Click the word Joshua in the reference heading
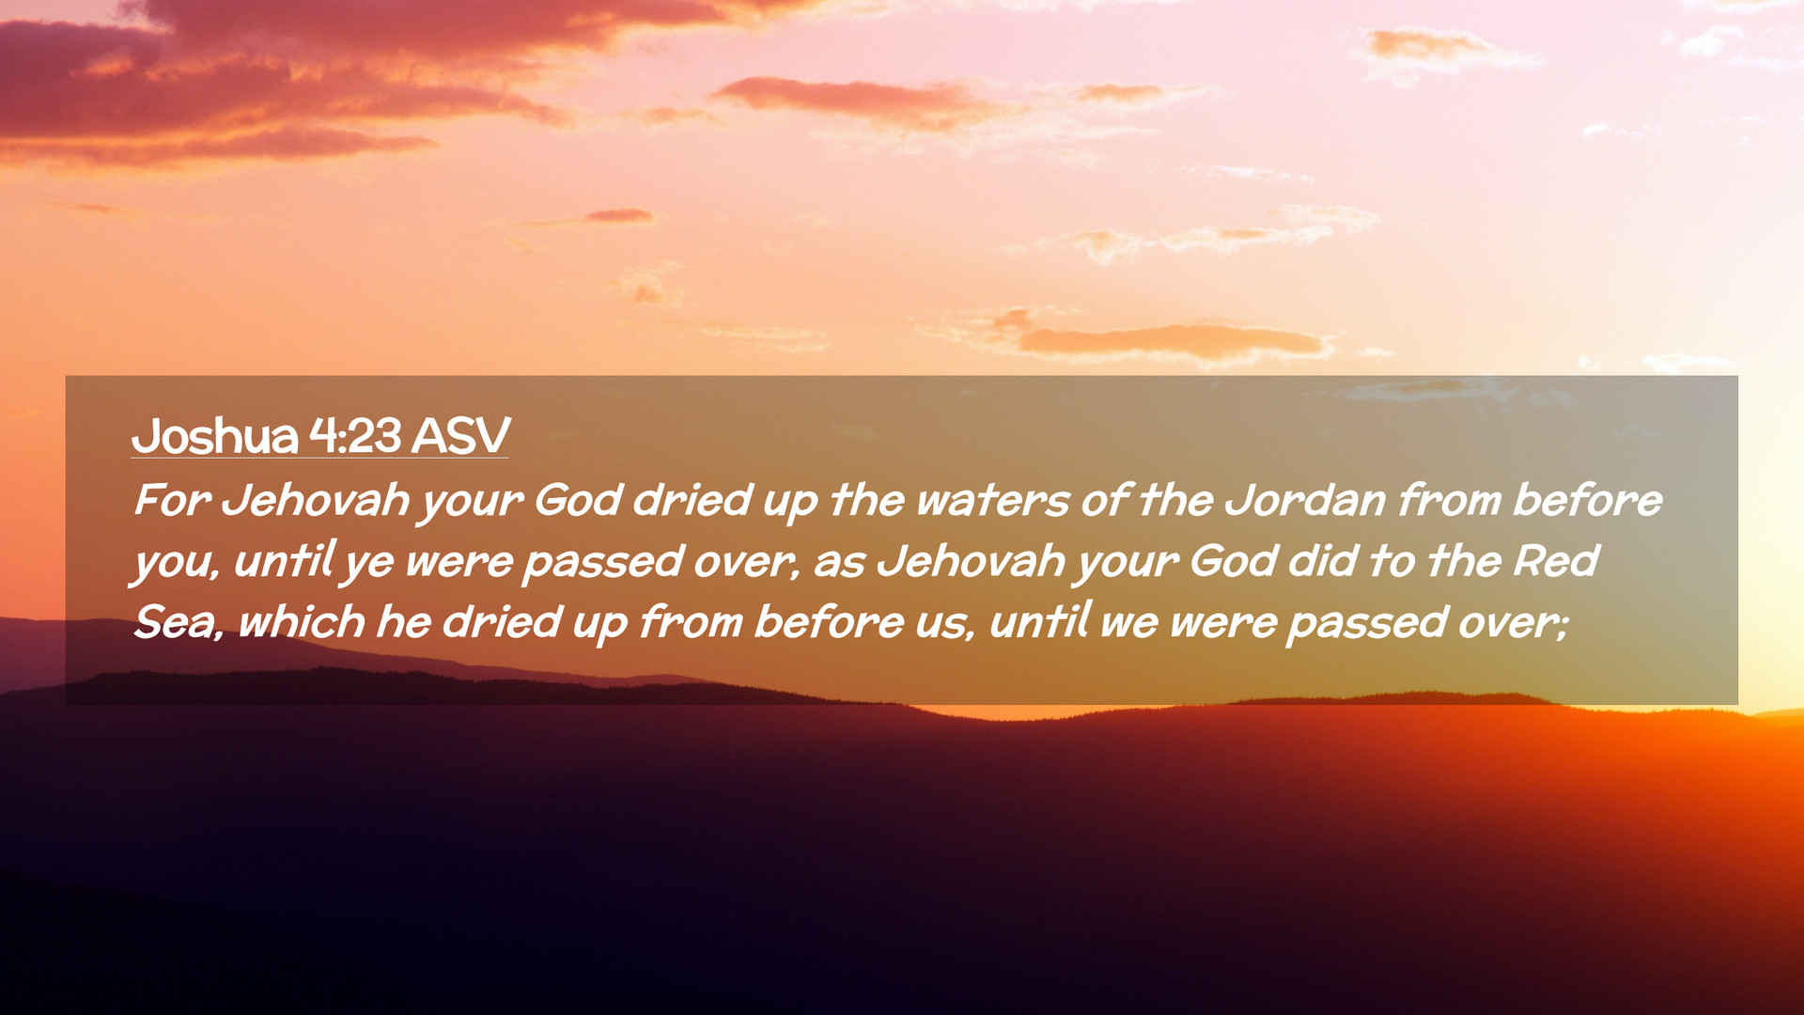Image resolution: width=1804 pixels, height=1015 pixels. [215, 436]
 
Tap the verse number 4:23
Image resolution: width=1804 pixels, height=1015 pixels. [355, 435]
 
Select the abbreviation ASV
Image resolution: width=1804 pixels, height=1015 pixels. [460, 435]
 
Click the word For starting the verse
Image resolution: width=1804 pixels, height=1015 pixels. [171, 499]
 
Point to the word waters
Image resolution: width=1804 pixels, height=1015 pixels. [992, 501]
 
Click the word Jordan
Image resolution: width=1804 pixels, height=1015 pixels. [1306, 500]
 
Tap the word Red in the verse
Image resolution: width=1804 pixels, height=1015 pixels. [1555, 561]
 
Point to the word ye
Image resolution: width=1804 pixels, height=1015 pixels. [369, 565]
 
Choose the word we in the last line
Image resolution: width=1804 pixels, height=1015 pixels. [1128, 624]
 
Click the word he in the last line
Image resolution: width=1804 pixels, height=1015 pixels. [404, 621]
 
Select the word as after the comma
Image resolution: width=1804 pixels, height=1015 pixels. [839, 563]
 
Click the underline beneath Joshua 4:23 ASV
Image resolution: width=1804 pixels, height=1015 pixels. [320, 458]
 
